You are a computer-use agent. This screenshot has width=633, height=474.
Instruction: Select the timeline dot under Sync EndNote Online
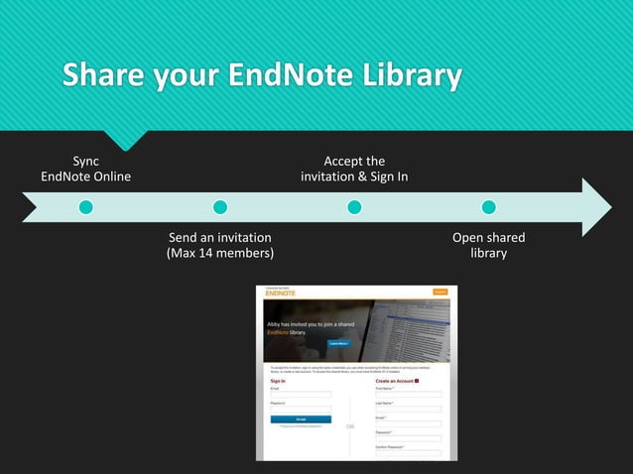click(86, 207)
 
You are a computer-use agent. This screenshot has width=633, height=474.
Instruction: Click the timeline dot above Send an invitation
click(220, 207)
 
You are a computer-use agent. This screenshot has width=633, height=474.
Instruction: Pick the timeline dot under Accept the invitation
click(354, 207)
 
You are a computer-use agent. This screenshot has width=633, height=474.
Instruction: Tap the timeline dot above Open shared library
click(488, 207)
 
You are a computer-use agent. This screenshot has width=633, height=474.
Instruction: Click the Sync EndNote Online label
click(86, 169)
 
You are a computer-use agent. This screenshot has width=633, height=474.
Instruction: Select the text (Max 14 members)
click(219, 254)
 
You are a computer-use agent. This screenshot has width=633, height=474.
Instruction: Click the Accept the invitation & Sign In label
click(354, 169)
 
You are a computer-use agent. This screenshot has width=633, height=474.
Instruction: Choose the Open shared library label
click(488, 245)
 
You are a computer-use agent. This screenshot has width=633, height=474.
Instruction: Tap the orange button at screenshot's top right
click(440, 292)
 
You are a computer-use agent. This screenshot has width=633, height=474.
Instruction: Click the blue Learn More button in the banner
click(340, 343)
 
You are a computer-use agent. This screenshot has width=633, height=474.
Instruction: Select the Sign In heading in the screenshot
click(278, 381)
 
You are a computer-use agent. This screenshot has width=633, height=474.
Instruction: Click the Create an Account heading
click(394, 381)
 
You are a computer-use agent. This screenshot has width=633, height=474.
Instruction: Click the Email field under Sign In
click(301, 395)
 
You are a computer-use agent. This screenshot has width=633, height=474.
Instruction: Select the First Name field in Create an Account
click(408, 395)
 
